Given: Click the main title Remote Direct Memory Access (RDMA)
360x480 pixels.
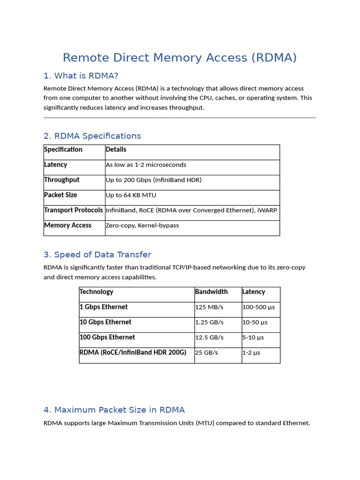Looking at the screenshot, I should point(180,58).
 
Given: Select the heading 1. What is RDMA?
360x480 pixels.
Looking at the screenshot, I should point(81,76).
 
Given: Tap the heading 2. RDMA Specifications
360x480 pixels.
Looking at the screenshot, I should point(92,136).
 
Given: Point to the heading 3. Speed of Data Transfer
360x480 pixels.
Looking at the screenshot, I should point(97,255).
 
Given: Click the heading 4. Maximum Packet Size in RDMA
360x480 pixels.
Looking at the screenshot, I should point(114,410).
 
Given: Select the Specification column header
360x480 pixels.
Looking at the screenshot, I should point(63,150).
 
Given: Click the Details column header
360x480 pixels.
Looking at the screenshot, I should point(116,150).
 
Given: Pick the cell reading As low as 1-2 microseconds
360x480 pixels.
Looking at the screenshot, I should point(146,165).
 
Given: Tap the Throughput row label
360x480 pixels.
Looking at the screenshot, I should point(62,180).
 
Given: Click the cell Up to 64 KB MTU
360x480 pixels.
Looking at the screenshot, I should point(131,195).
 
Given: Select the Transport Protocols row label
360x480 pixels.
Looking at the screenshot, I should point(73,210).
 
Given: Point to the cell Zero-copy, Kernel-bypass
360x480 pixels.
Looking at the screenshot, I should point(142,225).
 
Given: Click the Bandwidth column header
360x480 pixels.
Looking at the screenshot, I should point(211,292).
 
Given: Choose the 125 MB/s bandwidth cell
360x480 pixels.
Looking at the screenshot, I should point(209,307).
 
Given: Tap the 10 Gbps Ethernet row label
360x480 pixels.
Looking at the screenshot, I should point(105,322).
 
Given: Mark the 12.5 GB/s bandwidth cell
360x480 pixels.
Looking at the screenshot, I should point(210,337).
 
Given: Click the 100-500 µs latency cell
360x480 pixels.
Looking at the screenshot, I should point(258,307).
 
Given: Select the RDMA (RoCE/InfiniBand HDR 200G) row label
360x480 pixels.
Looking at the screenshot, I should point(133,352).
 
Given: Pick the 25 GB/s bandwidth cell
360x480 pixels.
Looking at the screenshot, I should point(207,352).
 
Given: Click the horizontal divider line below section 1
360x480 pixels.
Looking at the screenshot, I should point(180,118).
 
